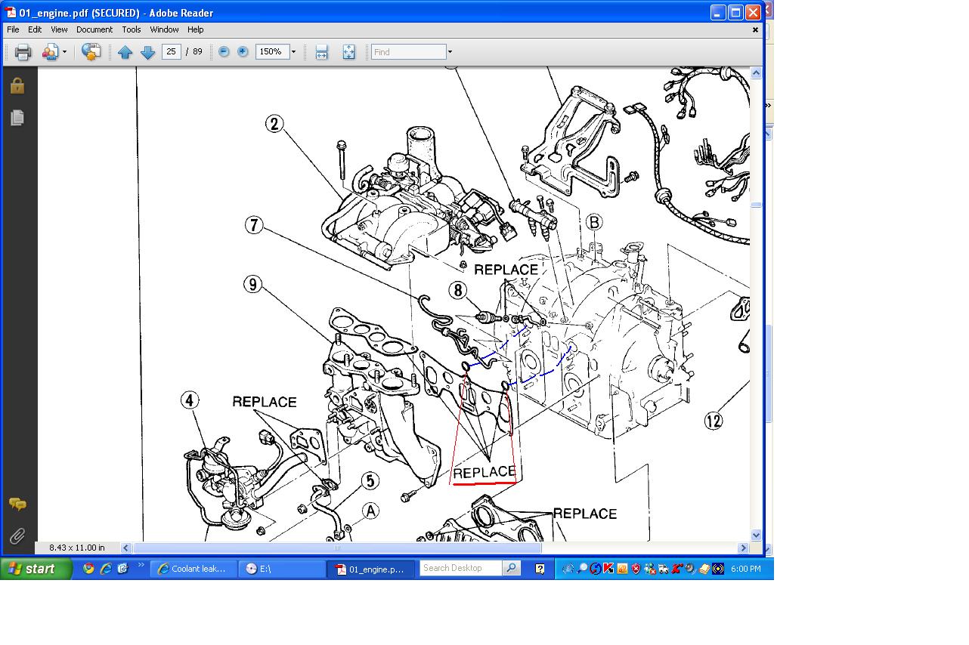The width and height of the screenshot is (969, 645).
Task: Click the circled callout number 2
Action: pyautogui.click(x=274, y=124)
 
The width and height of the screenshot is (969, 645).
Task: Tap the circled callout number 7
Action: pyautogui.click(x=254, y=225)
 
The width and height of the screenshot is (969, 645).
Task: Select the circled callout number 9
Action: pyautogui.click(x=253, y=285)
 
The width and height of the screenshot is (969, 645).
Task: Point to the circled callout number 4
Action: pyautogui.click(x=190, y=400)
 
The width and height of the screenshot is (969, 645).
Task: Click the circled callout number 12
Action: pyautogui.click(x=714, y=421)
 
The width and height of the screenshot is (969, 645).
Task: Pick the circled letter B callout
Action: pyautogui.click(x=594, y=222)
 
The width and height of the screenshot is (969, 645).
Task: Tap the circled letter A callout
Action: pyautogui.click(x=370, y=511)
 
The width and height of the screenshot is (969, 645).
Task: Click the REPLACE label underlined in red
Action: pyautogui.click(x=484, y=472)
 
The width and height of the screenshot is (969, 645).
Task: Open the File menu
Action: pyautogui.click(x=13, y=29)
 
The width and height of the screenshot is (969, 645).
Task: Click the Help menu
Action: pyautogui.click(x=195, y=29)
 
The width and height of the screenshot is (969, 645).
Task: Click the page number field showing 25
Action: pyautogui.click(x=172, y=52)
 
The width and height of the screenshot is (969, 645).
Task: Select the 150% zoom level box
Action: pyautogui.click(x=272, y=52)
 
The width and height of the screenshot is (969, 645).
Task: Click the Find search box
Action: pyautogui.click(x=408, y=52)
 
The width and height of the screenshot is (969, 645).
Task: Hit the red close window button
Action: pyautogui.click(x=753, y=13)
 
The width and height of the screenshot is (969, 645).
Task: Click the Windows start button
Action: pyautogui.click(x=36, y=569)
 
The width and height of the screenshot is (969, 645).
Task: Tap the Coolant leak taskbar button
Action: pyautogui.click(x=193, y=569)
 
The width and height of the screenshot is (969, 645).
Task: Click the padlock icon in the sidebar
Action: pyautogui.click(x=17, y=85)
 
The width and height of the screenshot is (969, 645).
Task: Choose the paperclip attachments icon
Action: pyautogui.click(x=17, y=536)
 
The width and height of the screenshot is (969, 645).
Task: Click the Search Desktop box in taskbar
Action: pyautogui.click(x=461, y=568)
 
